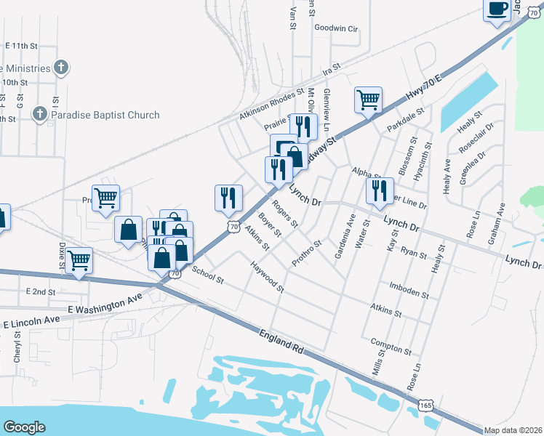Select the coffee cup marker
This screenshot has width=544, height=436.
pos(497,9)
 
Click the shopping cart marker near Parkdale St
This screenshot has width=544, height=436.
pos(368,100)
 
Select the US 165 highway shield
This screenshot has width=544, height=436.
pos(428,408)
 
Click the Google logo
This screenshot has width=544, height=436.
pos(24,427)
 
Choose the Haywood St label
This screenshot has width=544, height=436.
pos(267,278)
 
